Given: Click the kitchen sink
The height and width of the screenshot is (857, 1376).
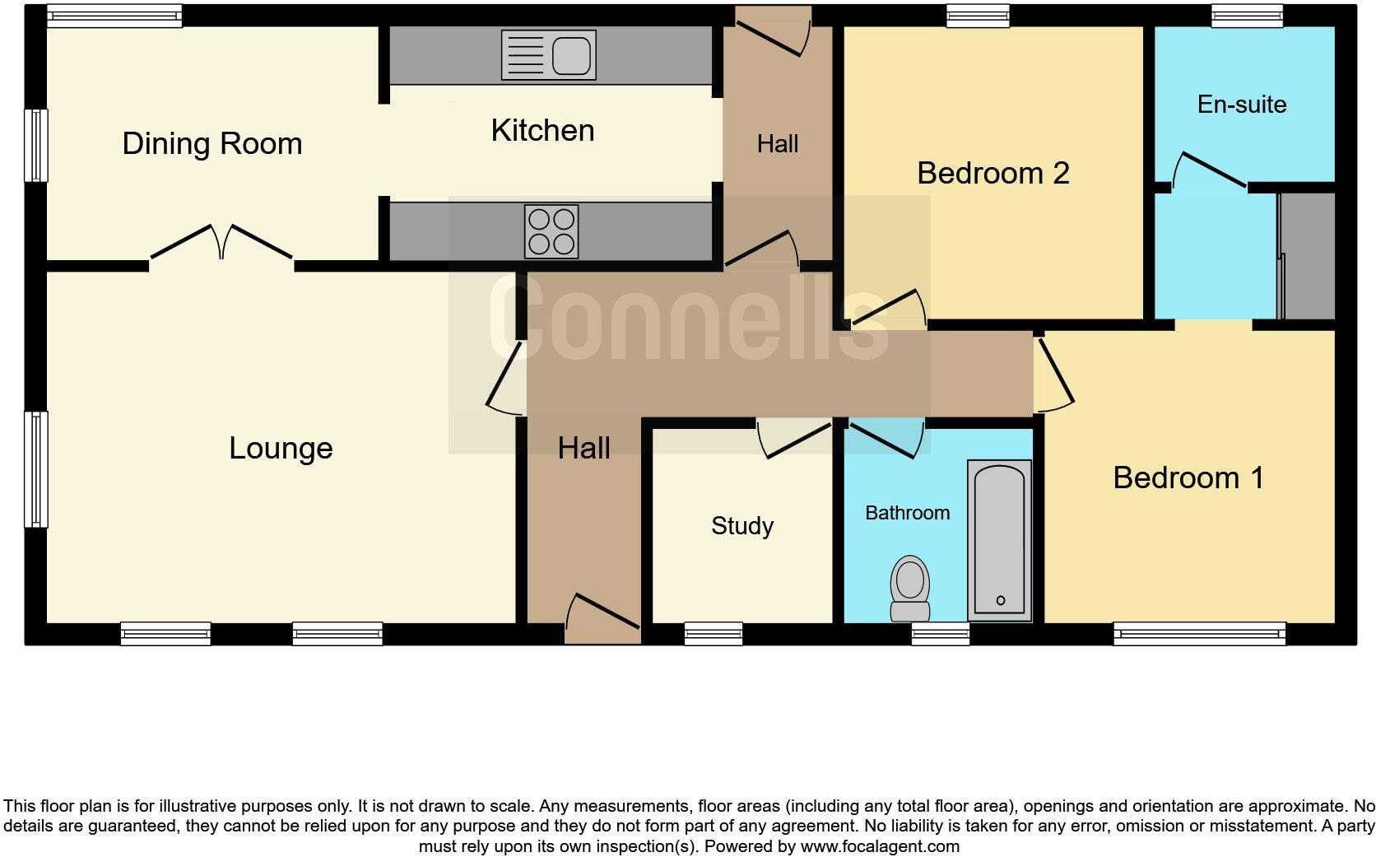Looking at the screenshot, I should [x=548, y=55].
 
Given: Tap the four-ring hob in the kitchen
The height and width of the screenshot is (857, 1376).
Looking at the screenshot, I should [x=551, y=231].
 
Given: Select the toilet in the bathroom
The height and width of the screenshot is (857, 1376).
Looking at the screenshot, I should [x=909, y=588].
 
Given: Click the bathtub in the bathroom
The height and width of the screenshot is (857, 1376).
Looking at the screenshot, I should [x=1000, y=541].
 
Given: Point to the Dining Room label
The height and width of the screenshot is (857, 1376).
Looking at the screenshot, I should [x=212, y=144].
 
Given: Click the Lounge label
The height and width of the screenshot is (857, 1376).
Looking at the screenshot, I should [x=281, y=449].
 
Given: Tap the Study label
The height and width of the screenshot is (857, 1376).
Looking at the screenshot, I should [x=742, y=526].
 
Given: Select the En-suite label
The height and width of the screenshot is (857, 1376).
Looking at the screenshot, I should [x=1241, y=105].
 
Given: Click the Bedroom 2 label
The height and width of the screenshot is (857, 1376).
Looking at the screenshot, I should [x=992, y=173].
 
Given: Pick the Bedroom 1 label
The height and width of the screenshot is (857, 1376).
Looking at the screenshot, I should [x=1188, y=477].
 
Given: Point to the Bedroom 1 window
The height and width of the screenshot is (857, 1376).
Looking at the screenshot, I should [x=1199, y=633].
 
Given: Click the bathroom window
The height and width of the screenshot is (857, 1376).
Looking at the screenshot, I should [x=941, y=633].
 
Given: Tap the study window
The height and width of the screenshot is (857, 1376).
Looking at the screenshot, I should [x=713, y=633].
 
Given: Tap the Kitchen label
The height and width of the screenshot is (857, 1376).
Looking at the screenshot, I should [x=542, y=131].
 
